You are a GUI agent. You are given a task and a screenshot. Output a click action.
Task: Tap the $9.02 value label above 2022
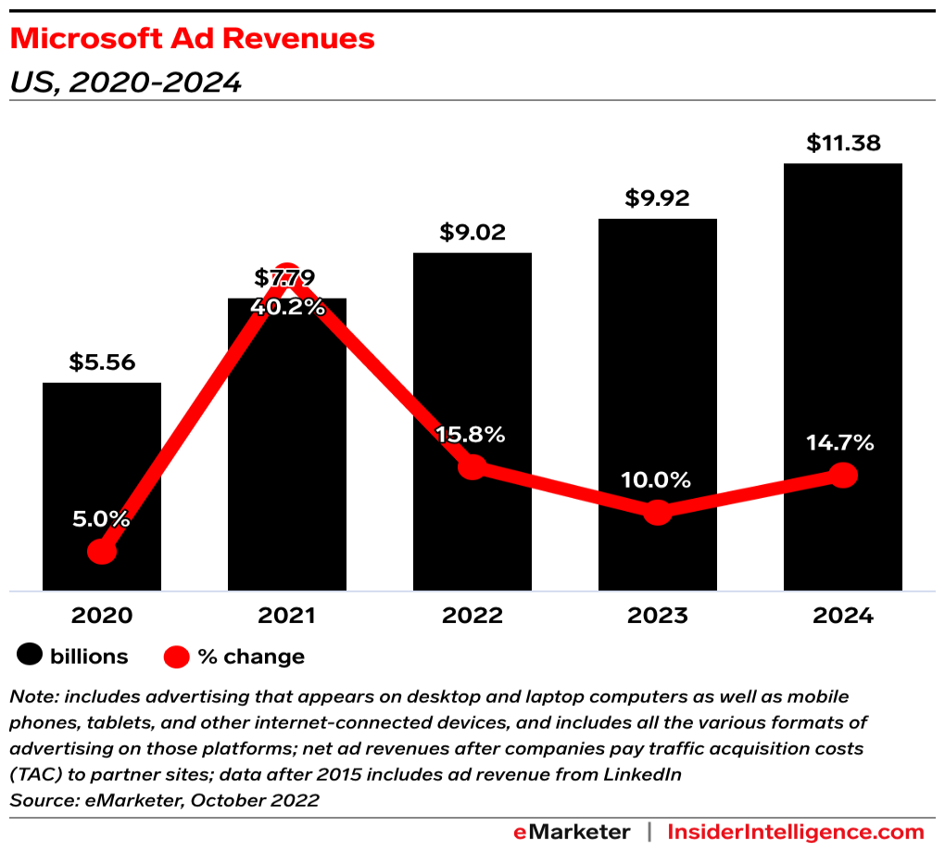(472, 232)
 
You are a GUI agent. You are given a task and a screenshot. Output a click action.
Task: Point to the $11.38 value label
(842, 143)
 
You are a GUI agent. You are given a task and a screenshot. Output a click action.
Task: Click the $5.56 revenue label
(102, 362)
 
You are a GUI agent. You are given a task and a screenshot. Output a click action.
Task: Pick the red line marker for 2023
(657, 511)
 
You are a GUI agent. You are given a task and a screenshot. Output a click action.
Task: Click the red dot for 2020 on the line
(102, 552)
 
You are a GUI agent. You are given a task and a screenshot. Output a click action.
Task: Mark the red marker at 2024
(842, 475)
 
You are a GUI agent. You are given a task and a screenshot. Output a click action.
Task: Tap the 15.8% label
(472, 434)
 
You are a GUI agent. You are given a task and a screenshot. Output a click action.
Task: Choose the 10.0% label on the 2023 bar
(657, 480)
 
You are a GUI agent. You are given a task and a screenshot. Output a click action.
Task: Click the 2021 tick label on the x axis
(287, 616)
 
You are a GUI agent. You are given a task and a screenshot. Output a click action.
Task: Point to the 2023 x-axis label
(657, 616)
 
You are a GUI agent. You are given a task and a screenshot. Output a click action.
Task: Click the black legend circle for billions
(31, 656)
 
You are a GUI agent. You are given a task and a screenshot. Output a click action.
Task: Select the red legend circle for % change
(177, 656)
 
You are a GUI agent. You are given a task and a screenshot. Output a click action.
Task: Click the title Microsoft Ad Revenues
(192, 38)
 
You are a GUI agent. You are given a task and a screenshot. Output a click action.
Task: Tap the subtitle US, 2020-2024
(125, 83)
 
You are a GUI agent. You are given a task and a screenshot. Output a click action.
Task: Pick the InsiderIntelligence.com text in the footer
(796, 832)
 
